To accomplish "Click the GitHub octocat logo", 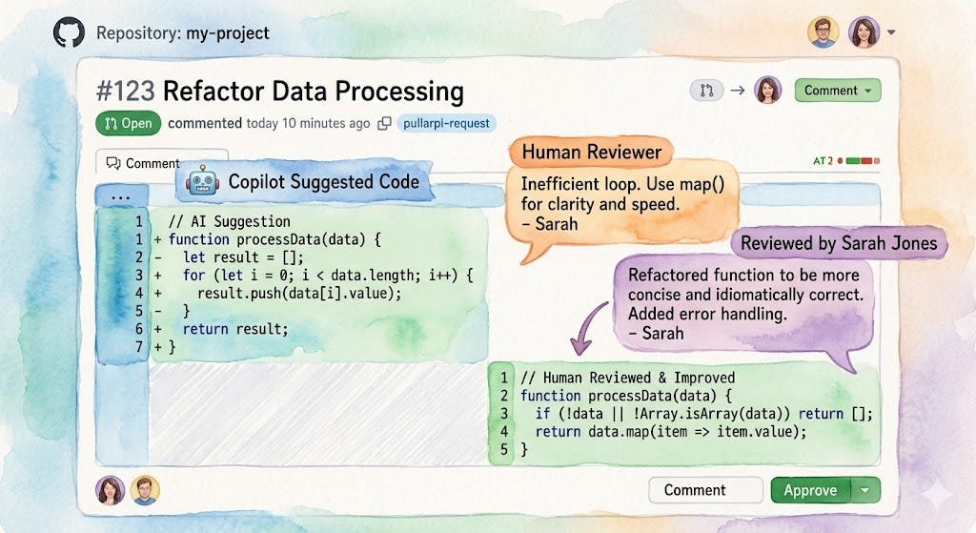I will tap(70, 33).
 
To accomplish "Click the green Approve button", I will tap(810, 490).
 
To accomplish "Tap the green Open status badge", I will tap(129, 123).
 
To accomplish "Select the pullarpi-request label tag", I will tap(446, 123).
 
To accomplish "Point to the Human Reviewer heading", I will tap(591, 153).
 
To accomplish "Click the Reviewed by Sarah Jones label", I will tap(839, 243).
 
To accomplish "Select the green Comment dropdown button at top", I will tap(837, 91).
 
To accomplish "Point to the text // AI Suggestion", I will tap(229, 221).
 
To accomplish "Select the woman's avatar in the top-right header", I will tap(864, 32).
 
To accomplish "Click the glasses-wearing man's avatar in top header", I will tap(823, 32).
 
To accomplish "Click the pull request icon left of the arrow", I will tap(705, 91).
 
